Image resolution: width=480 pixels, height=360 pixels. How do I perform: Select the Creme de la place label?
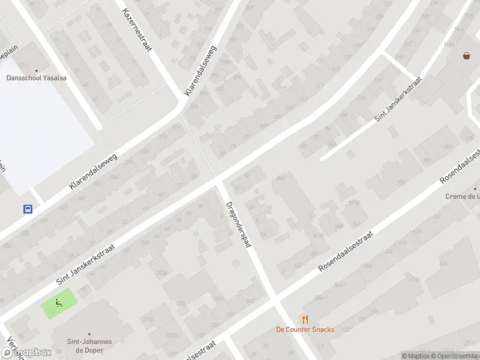462,196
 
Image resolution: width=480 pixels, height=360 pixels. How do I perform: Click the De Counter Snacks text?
305,329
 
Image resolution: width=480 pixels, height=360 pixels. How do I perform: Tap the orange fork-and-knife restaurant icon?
305,319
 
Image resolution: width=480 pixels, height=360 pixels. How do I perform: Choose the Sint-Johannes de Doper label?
89,346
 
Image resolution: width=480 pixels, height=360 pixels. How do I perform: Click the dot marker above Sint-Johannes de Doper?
89,334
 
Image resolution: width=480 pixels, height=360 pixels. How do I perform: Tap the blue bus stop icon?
28,209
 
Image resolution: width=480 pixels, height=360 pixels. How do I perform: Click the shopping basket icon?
466,56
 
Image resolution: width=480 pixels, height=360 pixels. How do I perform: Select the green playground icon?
59,303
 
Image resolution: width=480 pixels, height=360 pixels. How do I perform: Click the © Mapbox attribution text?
416,356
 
